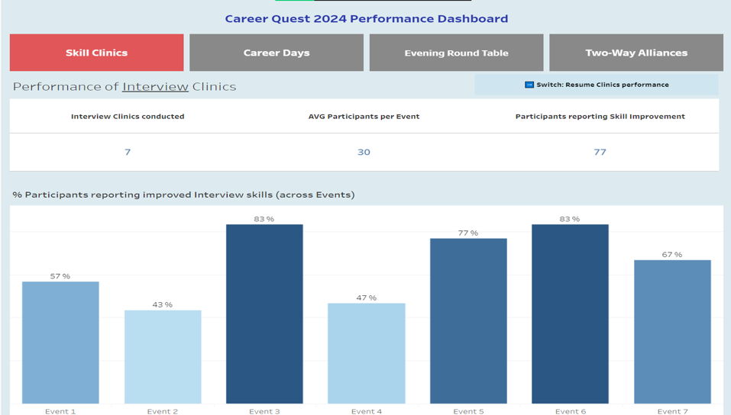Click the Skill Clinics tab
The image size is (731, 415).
(x=96, y=53)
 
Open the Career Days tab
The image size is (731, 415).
(x=277, y=53)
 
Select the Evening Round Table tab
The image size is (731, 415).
(x=456, y=53)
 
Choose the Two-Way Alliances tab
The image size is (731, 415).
(x=636, y=53)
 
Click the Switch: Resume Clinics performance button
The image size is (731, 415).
(x=597, y=85)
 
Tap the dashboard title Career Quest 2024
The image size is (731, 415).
(x=366, y=18)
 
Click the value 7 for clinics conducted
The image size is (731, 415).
(x=128, y=152)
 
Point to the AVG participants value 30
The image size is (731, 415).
(x=364, y=152)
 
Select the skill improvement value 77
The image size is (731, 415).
(x=600, y=152)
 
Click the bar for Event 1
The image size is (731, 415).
(x=60, y=343)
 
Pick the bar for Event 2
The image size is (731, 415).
(x=163, y=356)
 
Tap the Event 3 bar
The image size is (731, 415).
(x=264, y=314)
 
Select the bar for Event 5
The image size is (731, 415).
(x=468, y=320)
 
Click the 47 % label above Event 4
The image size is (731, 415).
(x=367, y=298)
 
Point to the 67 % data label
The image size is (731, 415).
(x=672, y=254)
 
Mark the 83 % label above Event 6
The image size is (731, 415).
(x=570, y=219)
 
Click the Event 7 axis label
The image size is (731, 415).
(x=672, y=411)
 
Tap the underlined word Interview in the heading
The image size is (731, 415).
(x=155, y=86)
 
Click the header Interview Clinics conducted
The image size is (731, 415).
(x=128, y=117)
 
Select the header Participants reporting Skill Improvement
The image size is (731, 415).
(x=600, y=117)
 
